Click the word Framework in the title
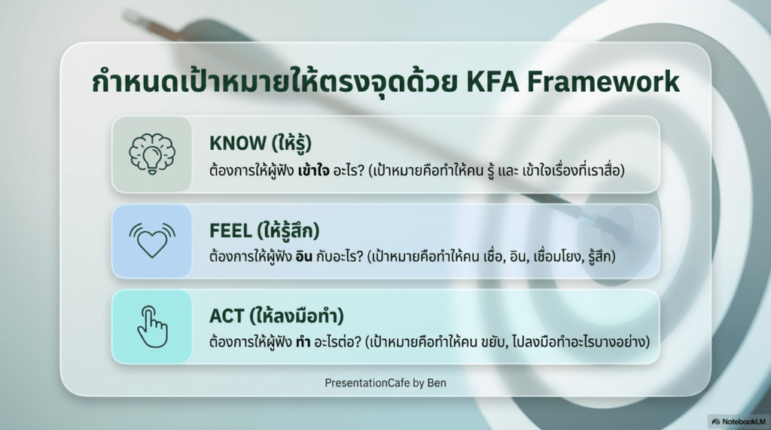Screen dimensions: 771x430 (x=603, y=81)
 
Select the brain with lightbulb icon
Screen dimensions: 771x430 (x=152, y=154)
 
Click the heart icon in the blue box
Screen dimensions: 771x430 (x=152, y=240)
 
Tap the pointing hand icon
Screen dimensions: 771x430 (x=152, y=327)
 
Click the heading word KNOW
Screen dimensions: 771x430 (x=238, y=143)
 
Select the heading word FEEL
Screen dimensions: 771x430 (x=230, y=230)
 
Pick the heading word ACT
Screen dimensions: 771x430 (x=227, y=316)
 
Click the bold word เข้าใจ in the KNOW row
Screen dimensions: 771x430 (x=313, y=171)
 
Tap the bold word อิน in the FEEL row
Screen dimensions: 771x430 (x=304, y=256)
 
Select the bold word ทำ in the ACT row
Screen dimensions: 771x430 (x=303, y=341)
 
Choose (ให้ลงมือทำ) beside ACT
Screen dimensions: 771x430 (x=297, y=316)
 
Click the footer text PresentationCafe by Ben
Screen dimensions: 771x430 (x=385, y=383)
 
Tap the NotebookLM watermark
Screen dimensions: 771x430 (x=739, y=422)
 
